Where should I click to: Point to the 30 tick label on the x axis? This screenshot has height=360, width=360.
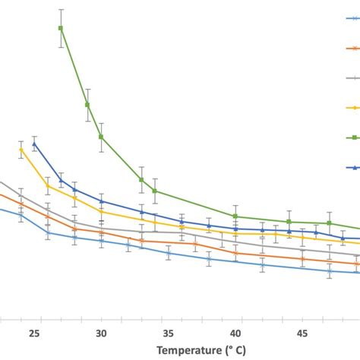click(x=101, y=333)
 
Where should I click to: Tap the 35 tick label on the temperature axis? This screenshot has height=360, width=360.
click(x=169, y=333)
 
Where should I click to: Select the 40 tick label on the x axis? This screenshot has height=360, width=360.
click(x=235, y=333)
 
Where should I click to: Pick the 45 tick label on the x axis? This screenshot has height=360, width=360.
click(x=302, y=333)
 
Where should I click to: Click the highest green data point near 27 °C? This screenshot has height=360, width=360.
click(x=61, y=28)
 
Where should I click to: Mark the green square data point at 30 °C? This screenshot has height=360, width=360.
click(x=101, y=137)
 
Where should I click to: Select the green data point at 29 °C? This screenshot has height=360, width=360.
click(x=87, y=104)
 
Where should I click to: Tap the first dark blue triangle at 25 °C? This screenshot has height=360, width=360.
click(x=34, y=144)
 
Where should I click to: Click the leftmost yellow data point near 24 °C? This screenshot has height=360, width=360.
click(x=21, y=150)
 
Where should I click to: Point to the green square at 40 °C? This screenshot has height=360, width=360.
click(x=235, y=216)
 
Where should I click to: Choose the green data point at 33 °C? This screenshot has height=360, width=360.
click(x=141, y=180)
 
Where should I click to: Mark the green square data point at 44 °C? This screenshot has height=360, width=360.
click(x=289, y=222)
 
